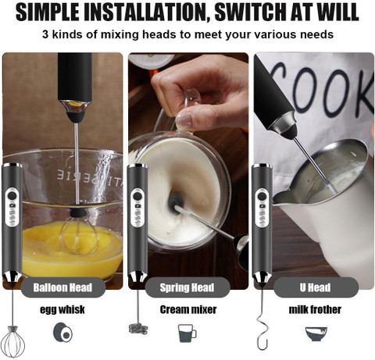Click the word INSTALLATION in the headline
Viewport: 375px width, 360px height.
[145, 12]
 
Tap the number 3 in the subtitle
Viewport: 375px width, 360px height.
[45, 34]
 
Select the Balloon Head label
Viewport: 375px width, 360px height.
[62, 287]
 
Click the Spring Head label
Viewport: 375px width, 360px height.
[187, 287]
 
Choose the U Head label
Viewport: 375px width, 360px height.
[316, 287]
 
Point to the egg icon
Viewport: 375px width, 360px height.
[63, 333]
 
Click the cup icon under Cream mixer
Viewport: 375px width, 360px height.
[187, 333]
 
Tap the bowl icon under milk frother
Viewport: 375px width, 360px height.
[316, 333]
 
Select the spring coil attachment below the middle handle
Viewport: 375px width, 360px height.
[138, 329]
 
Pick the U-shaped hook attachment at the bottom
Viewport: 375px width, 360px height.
[262, 329]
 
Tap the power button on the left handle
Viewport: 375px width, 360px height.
[11, 195]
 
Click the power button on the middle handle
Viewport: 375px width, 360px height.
[137, 195]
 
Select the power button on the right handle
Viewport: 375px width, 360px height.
[262, 196]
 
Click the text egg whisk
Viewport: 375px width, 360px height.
[62, 310]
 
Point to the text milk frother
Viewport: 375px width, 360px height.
[315, 310]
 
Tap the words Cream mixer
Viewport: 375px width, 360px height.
[188, 310]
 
